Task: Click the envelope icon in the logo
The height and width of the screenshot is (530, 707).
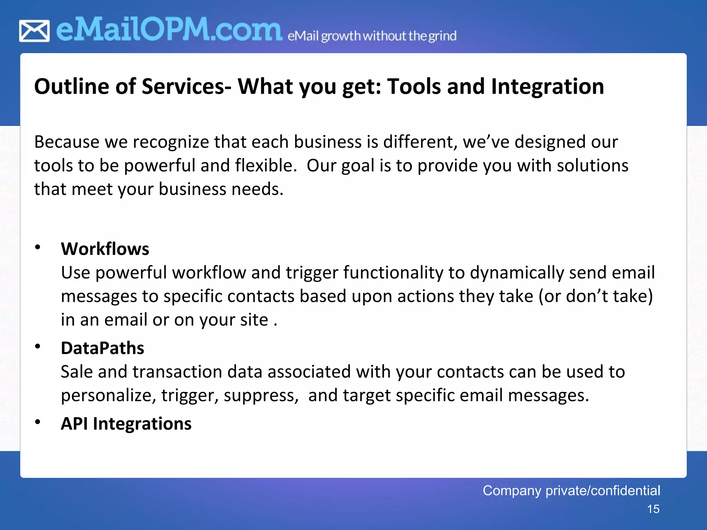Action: [x=34, y=31]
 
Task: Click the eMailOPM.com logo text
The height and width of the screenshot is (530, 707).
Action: [x=169, y=30]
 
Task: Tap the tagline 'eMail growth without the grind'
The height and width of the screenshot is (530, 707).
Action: [x=372, y=36]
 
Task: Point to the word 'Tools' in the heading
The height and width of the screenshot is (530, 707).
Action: [x=414, y=86]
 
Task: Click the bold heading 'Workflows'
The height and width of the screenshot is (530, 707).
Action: [x=105, y=249]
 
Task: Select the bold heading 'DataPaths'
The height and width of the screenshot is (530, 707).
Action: [x=103, y=348]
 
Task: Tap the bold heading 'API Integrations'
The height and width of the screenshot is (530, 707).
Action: [x=126, y=423]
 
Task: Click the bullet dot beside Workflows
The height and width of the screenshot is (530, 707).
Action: [x=38, y=247]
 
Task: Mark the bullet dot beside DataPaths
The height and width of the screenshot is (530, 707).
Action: [x=38, y=346]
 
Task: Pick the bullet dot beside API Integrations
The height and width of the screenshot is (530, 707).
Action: [x=38, y=422]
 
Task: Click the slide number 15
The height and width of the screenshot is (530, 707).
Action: [x=653, y=509]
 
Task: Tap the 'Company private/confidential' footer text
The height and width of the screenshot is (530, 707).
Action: [x=571, y=490]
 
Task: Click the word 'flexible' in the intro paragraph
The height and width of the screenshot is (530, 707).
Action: [x=265, y=166]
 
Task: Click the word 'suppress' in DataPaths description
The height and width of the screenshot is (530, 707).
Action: [x=261, y=395]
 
